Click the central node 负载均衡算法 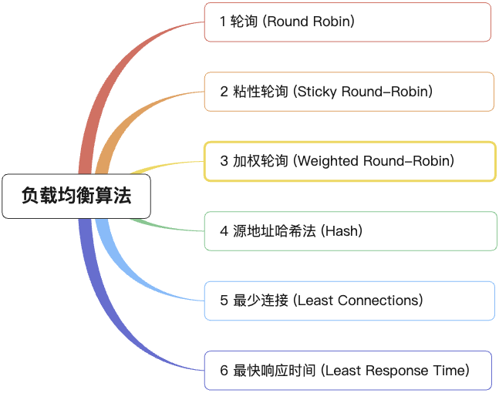76,196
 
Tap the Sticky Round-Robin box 349,92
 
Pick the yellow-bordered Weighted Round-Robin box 349,161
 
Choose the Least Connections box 349,301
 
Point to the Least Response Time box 349,371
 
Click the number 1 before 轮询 223,22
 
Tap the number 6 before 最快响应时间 224,371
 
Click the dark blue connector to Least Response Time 108,308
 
